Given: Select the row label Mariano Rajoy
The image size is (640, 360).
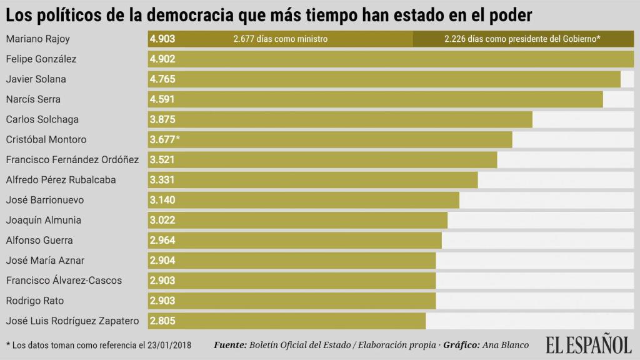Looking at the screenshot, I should click(x=37, y=39).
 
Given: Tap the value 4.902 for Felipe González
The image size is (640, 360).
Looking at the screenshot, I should click(x=162, y=59).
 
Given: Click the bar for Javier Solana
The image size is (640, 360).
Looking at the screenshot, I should click(x=384, y=79).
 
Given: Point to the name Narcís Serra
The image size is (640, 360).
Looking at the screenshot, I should click(x=33, y=99).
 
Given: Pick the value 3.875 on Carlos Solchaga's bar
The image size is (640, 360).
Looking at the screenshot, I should click(x=162, y=119).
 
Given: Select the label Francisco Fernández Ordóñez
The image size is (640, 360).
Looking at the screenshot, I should click(x=72, y=159).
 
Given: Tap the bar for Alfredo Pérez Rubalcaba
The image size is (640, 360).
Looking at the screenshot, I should click(x=312, y=180).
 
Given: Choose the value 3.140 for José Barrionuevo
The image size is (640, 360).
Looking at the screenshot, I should click(x=162, y=200).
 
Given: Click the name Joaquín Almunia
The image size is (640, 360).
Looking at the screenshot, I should click(x=44, y=220).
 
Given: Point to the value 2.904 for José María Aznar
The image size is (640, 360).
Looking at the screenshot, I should click(x=162, y=261).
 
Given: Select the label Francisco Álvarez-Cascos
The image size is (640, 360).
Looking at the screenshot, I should click(x=64, y=281).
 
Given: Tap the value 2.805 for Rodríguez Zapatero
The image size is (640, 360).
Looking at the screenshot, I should click(x=162, y=321).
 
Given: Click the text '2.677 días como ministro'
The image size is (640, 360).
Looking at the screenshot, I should click(x=281, y=39).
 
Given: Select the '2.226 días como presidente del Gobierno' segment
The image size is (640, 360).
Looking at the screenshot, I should click(x=522, y=39).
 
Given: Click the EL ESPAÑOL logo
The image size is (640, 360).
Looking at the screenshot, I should click(x=588, y=345).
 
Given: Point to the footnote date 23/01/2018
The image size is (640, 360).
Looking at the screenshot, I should click(x=169, y=345).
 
